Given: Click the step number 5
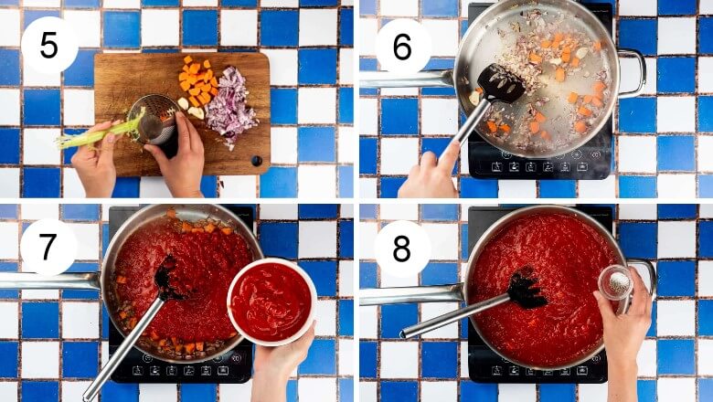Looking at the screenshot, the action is (x=48, y=46).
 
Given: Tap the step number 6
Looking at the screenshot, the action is (x=402, y=47).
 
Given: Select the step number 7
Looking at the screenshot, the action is (x=48, y=247).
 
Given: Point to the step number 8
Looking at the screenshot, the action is (x=401, y=249).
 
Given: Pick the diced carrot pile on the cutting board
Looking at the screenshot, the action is (x=196, y=80).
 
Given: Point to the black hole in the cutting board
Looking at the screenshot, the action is (x=257, y=161).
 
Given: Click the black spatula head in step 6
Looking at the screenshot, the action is (x=501, y=83).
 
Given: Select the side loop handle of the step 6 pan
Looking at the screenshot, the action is (x=633, y=73).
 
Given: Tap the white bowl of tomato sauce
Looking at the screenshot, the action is (x=271, y=301).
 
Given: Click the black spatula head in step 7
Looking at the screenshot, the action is (x=169, y=278).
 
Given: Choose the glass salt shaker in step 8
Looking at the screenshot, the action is (x=615, y=284).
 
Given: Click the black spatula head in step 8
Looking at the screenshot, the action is (x=527, y=289).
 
